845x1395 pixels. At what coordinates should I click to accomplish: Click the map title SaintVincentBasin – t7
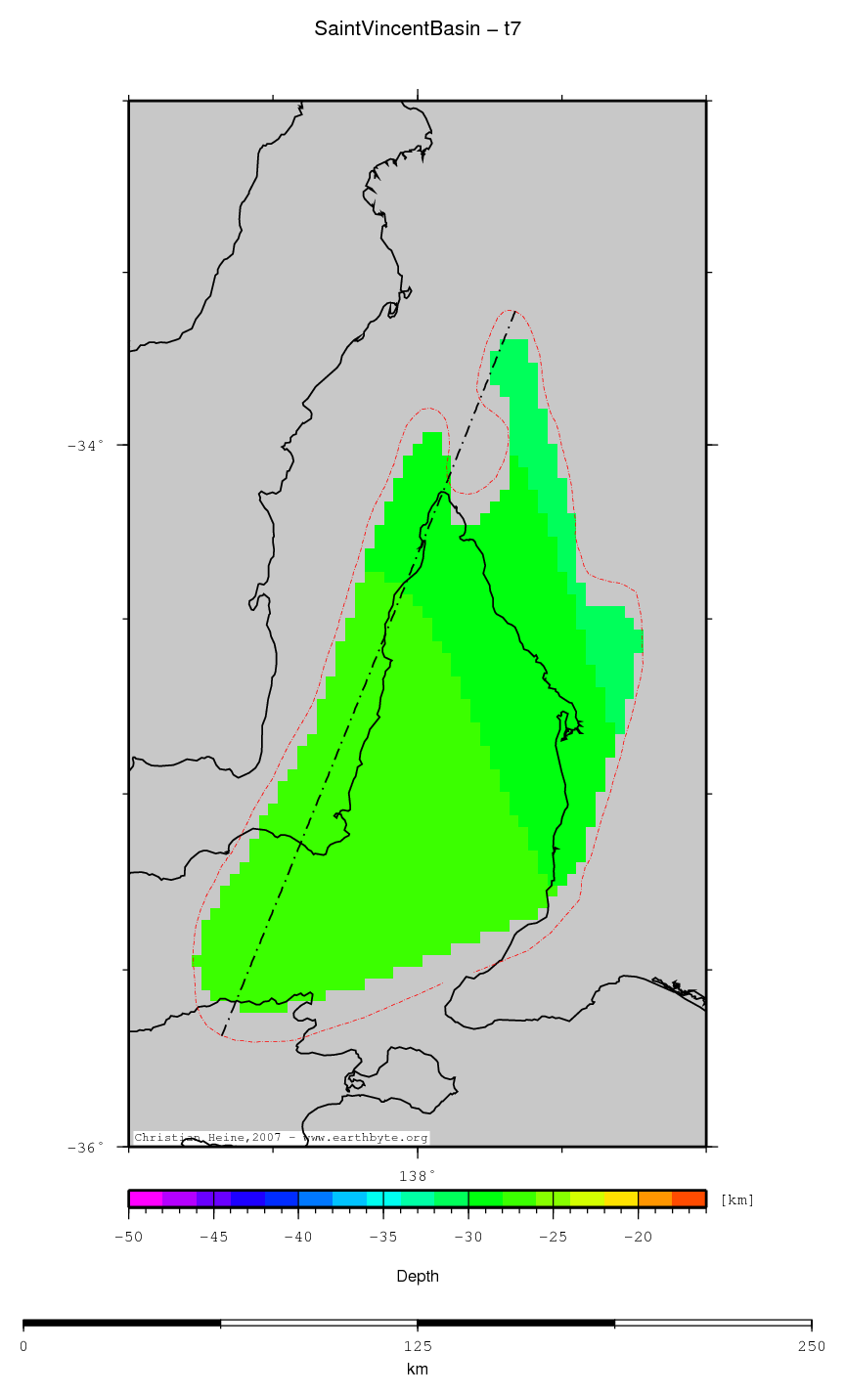coord(418,29)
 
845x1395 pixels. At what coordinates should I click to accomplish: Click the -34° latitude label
coord(86,446)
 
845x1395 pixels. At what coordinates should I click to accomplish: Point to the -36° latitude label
coord(86,1148)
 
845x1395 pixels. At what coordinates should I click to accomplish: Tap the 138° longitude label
coord(417,1175)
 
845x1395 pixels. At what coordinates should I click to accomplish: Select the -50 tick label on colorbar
coord(129,1238)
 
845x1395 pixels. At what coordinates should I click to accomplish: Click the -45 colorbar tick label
coord(213,1238)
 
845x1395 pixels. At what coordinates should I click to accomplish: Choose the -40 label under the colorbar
coord(298,1238)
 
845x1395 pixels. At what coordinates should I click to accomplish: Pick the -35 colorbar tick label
coord(383,1238)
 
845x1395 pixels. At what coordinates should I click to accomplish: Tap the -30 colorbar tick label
coord(468,1238)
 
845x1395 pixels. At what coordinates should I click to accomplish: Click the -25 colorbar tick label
coord(554,1238)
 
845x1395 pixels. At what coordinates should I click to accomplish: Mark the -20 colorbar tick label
coord(639,1238)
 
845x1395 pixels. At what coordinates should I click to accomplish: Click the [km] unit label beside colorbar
coord(736,1199)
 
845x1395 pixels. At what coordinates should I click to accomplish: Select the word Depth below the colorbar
coord(418,1276)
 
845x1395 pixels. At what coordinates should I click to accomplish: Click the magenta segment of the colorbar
coord(145,1199)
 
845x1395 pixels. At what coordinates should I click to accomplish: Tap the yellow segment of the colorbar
coord(621,1199)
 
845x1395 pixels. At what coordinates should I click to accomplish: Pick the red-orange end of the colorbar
coord(689,1199)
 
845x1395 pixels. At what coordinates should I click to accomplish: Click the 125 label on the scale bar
coord(418,1346)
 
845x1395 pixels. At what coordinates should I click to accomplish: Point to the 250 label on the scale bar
coord(811,1346)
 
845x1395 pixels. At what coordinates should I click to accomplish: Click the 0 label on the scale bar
coord(23,1346)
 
